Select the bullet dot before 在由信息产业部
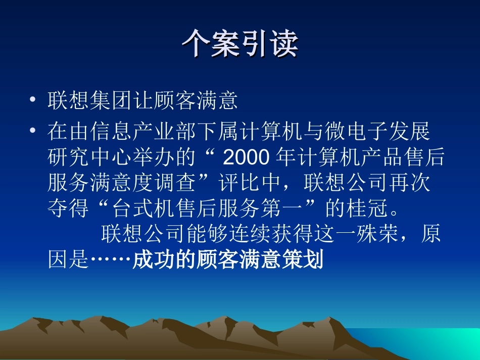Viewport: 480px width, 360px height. pos(33,130)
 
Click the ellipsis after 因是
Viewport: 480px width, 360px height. pos(111,262)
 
